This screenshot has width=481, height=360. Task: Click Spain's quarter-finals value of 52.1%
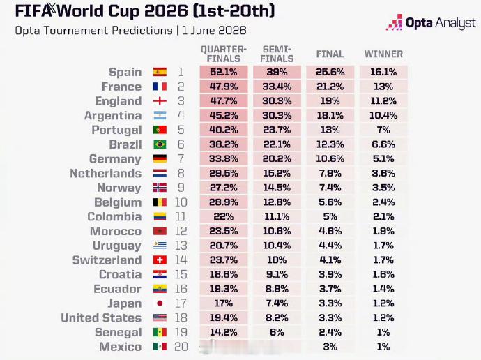224,72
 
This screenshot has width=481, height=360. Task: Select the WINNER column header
383,54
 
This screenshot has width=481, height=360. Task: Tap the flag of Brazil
160,144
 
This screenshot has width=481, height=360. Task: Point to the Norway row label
119,188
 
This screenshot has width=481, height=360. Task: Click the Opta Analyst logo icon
394,22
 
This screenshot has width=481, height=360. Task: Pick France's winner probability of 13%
383,87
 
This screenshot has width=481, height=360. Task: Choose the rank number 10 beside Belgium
181,202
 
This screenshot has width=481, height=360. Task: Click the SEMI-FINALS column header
277,54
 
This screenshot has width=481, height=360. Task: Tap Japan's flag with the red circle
160,303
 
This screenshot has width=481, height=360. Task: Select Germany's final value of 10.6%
330,158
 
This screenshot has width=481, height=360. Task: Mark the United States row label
101,317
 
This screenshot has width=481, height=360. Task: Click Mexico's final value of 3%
330,347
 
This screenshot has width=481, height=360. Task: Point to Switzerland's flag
160,260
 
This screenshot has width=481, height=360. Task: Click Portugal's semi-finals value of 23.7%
277,130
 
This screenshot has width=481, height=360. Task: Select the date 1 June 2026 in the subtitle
214,31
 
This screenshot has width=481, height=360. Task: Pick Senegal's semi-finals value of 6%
277,332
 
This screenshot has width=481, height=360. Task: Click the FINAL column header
330,54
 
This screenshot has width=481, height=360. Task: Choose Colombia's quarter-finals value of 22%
224,217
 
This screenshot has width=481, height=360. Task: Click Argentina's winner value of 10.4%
383,115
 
